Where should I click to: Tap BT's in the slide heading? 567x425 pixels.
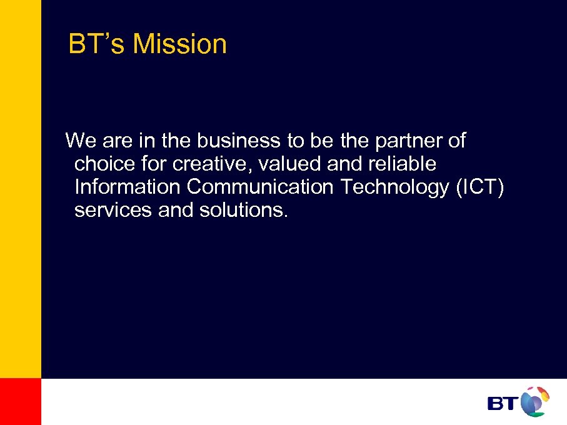[97, 44]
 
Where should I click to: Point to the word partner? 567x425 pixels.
[409, 141]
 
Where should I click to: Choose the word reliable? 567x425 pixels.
[400, 164]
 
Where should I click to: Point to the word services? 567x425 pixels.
[113, 210]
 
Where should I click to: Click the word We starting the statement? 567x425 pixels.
[79, 141]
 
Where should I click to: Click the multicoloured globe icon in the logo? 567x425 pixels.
[534, 401]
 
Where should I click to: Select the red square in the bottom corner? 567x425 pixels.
[20, 401]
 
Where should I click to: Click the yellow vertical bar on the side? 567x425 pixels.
[20, 187]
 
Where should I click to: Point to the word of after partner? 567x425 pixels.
[457, 141]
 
